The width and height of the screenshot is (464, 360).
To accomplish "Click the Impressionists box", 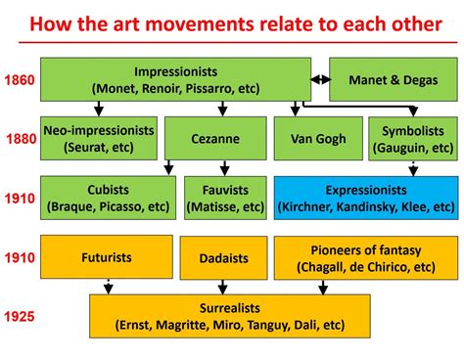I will pos(175,79).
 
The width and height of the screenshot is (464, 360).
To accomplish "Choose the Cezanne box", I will pos(215,138).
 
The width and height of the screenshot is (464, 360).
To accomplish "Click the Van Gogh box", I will pos(318,138).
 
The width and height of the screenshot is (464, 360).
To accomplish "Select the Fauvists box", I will pos(225,198).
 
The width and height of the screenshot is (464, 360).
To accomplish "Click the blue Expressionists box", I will pos(365,198).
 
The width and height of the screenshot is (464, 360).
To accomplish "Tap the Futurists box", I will pos(106,258).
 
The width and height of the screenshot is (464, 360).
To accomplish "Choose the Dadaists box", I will pos(223,258).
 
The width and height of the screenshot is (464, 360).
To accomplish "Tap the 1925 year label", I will pos(20,316).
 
